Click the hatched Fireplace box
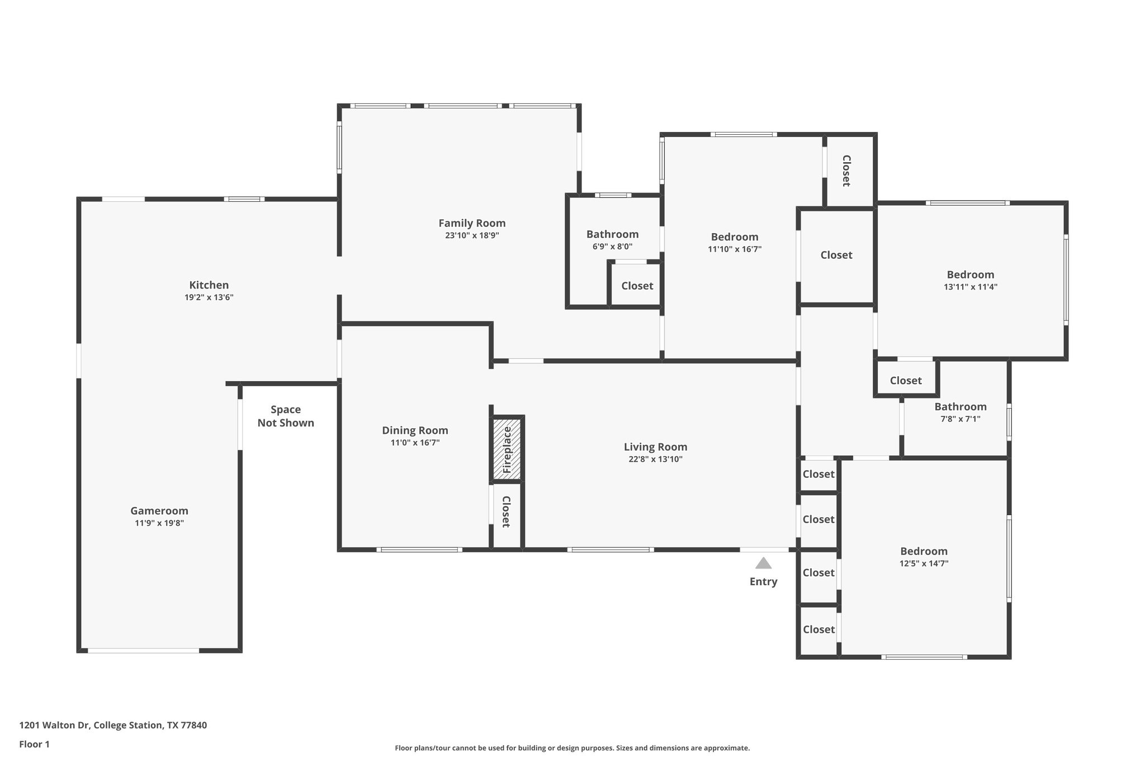[507, 449]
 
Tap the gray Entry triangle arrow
[763, 563]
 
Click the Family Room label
[472, 223]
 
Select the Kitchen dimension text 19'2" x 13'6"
[209, 297]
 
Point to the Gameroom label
[159, 510]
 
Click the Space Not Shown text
[286, 416]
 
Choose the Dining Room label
[415, 430]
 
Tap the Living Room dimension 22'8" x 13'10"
[655, 459]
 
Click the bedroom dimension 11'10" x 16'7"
[734, 249]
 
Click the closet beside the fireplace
[505, 511]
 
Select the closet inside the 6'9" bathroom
[637, 286]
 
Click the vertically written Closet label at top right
[846, 170]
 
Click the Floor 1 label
[35, 744]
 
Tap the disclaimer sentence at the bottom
[572, 748]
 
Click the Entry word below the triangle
[763, 581]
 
